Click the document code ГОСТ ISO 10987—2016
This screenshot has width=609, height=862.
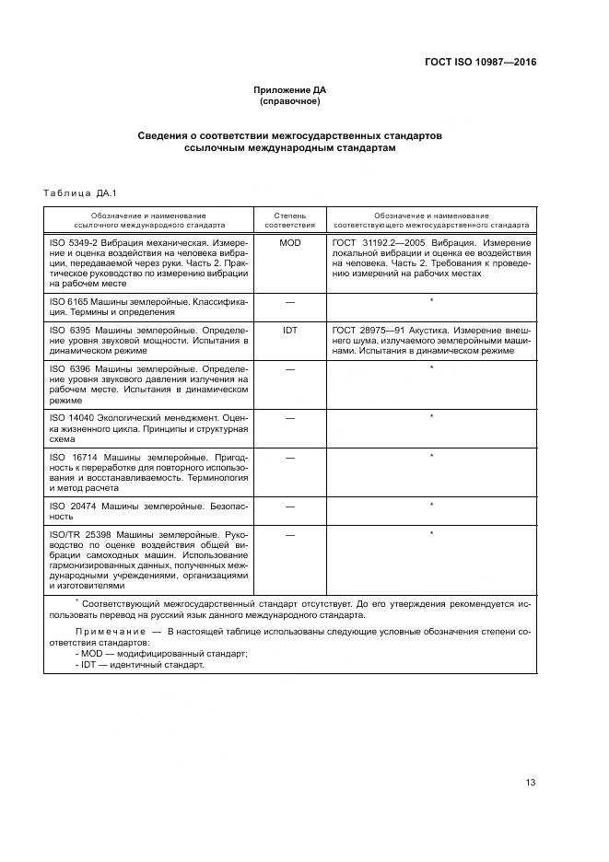click(x=480, y=63)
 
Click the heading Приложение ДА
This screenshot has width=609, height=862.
click(x=289, y=90)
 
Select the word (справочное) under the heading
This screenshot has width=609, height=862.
click(x=289, y=101)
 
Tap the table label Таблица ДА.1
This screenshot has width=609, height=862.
click(x=78, y=192)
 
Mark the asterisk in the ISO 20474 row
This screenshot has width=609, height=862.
click(x=431, y=506)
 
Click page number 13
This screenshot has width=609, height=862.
click(x=530, y=783)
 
